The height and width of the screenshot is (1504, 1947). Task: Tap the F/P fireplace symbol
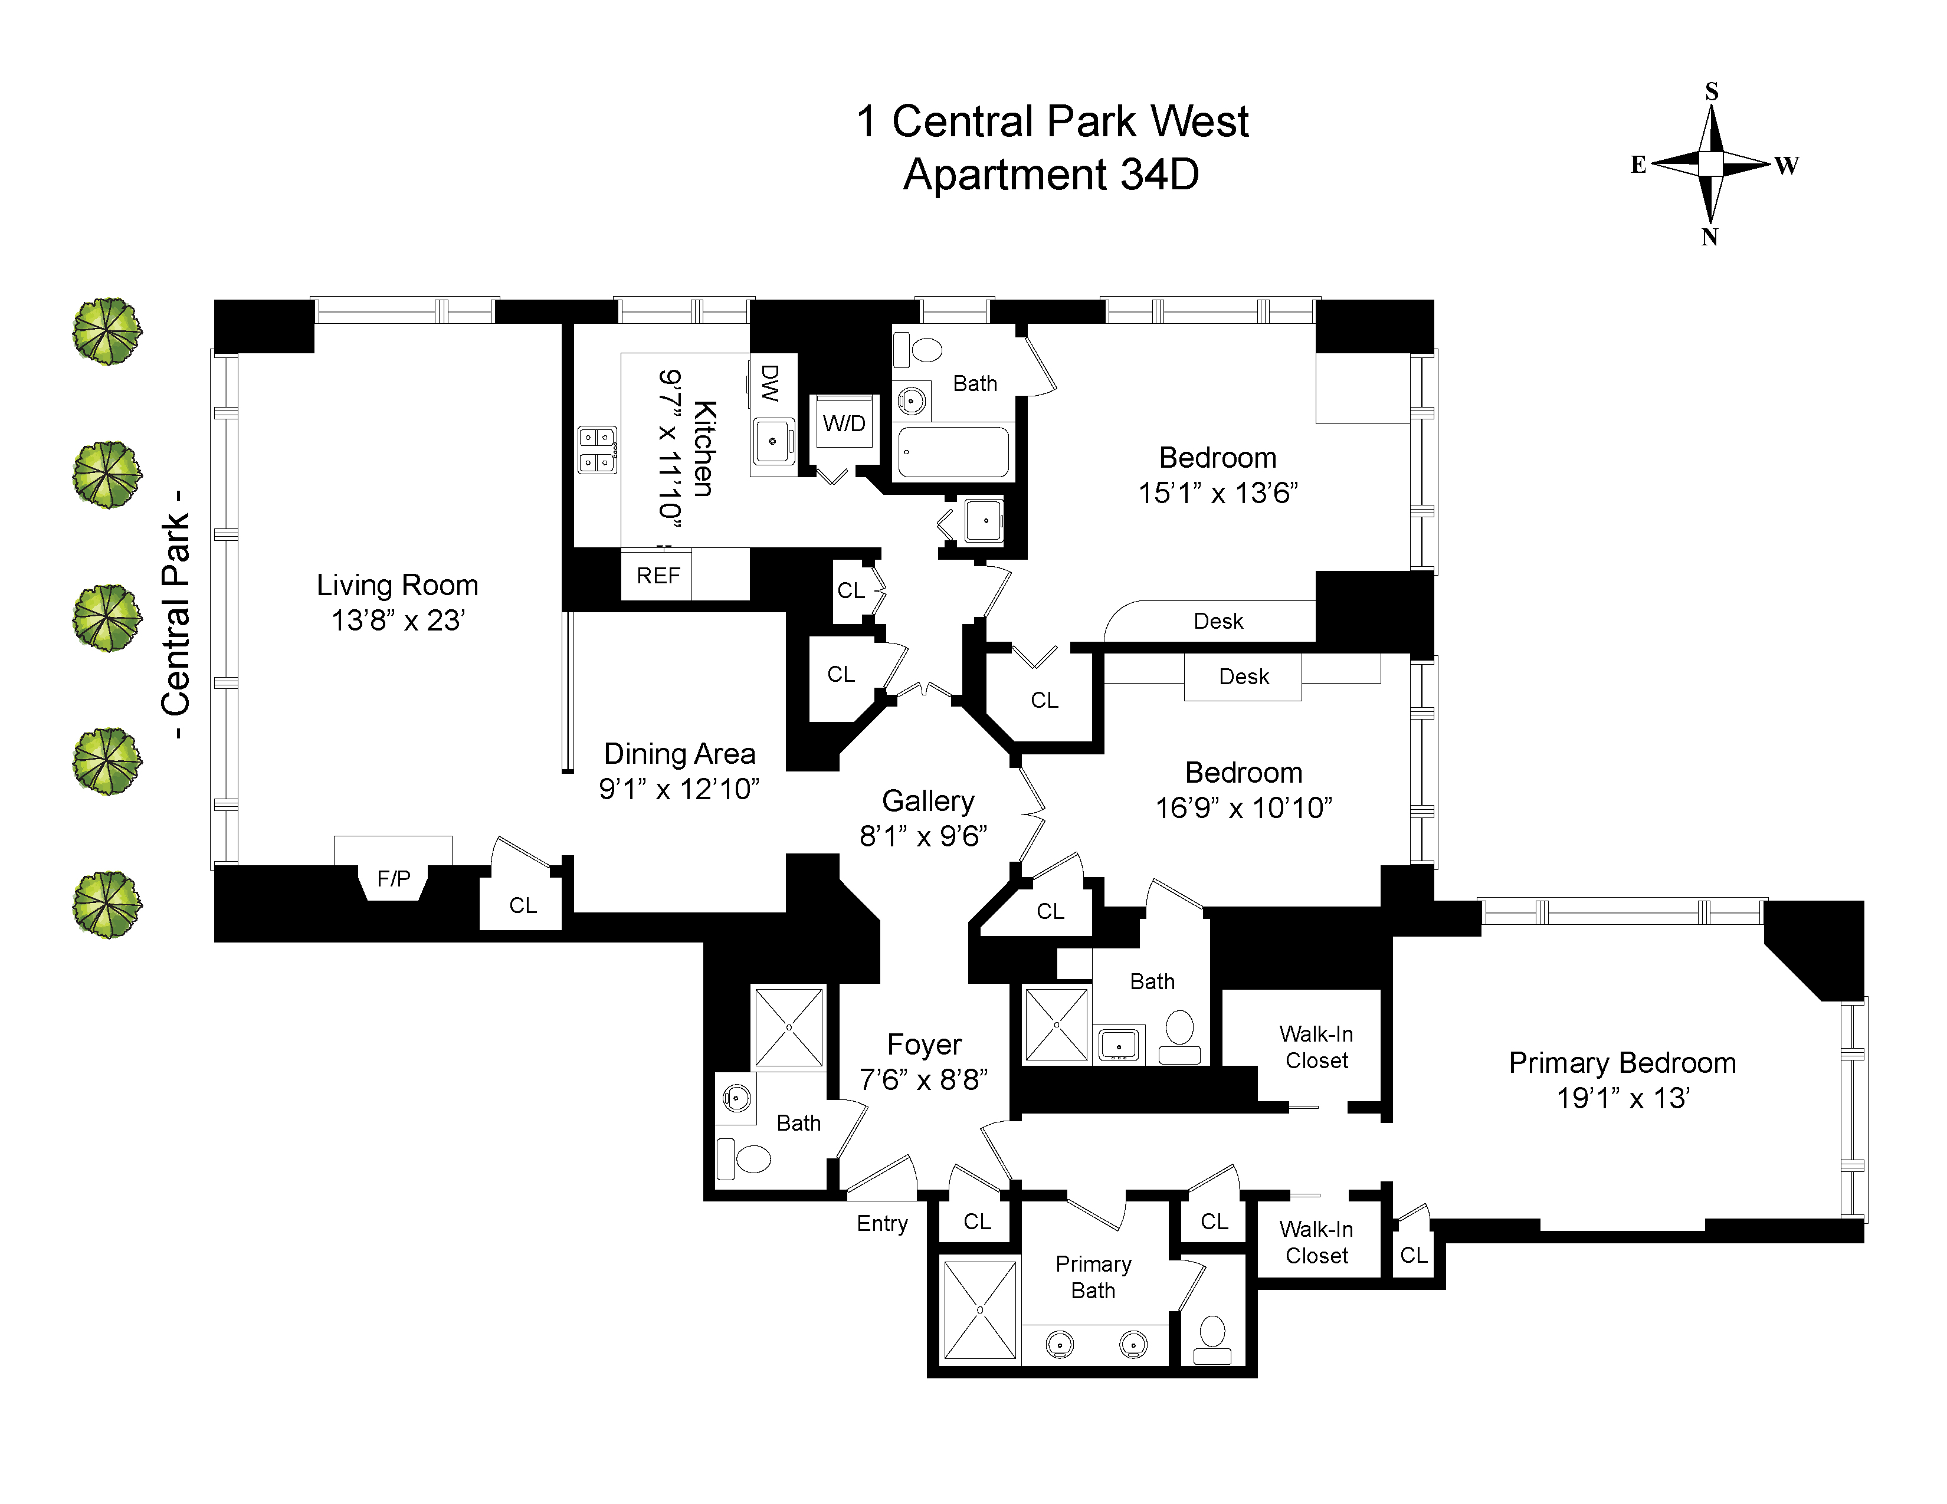point(393,879)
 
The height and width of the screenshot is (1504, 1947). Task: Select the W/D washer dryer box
point(843,423)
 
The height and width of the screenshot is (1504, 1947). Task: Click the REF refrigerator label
point(658,576)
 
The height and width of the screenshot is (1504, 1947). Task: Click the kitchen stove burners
point(596,450)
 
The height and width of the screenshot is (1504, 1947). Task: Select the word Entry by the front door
point(881,1223)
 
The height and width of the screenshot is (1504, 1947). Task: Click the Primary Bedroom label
point(1621,1063)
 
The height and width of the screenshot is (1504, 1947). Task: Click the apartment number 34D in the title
point(1159,175)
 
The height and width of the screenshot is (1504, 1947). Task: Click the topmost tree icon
point(107,331)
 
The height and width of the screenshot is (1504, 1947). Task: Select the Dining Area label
point(679,754)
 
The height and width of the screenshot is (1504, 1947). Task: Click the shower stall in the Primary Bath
point(980,1310)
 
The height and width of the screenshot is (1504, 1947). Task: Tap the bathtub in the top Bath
point(953,452)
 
